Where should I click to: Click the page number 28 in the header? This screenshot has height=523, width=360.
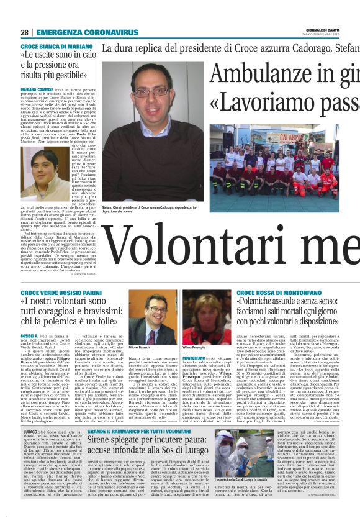pyautogui.click(x=24, y=32)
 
